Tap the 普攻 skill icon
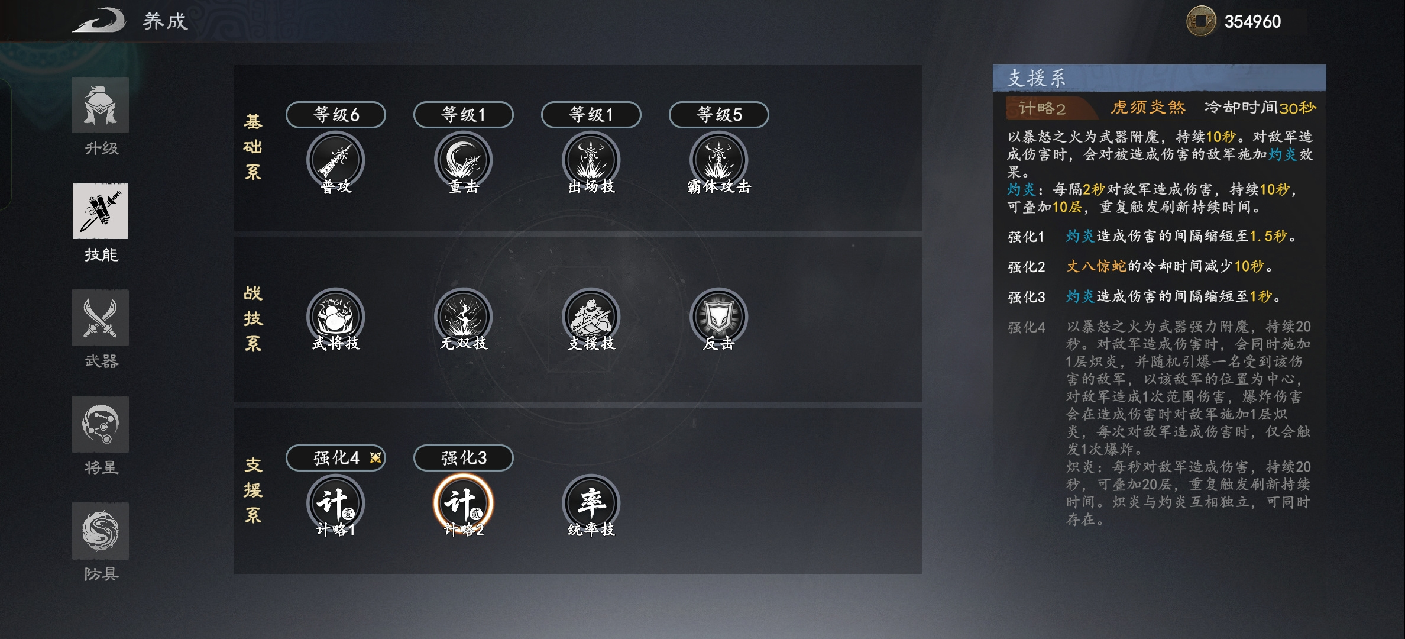click(335, 160)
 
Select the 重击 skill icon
click(463, 160)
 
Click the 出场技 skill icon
click(591, 160)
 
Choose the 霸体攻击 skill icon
click(718, 160)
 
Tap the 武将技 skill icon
click(335, 317)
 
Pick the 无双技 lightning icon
click(463, 317)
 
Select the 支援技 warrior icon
click(591, 317)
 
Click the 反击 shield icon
click(718, 317)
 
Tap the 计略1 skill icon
click(335, 504)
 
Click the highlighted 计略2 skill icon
click(463, 504)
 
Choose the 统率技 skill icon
click(591, 504)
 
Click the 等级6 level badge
click(336, 114)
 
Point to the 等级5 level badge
click(719, 114)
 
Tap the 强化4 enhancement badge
click(336, 457)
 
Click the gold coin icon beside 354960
click(1201, 21)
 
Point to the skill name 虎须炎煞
click(1148, 107)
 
